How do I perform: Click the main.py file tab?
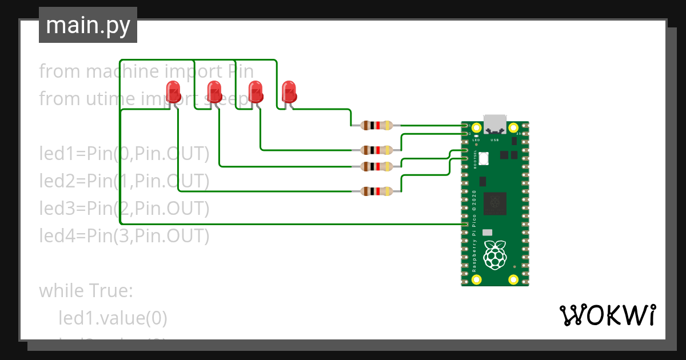tap(87, 25)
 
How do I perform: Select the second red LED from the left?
tap(214, 91)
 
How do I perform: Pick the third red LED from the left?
tap(255, 91)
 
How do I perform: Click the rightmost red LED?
tap(289, 91)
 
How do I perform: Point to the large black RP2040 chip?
tap(495, 204)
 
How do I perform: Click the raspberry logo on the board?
tap(495, 255)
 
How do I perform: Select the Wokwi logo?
tap(607, 315)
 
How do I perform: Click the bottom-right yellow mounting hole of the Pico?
tap(513, 279)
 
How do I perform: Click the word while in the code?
tap(63, 291)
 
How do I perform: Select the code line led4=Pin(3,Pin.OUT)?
tap(124, 235)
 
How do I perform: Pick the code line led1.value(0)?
tap(113, 318)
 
